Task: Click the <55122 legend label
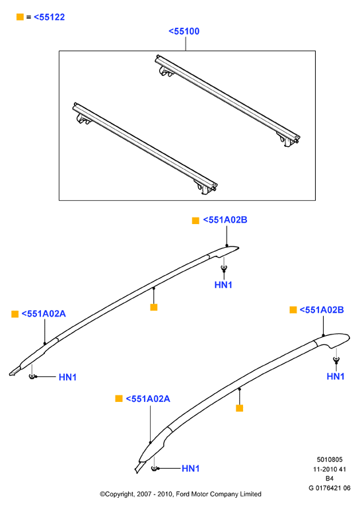[49, 17]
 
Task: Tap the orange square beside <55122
[20, 17]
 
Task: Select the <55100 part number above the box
[184, 31]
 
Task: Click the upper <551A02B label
[225, 220]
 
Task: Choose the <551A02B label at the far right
[322, 310]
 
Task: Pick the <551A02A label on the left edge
[44, 313]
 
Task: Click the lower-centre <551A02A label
[148, 399]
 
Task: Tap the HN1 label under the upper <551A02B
[223, 285]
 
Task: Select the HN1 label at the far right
[336, 376]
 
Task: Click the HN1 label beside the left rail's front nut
[67, 377]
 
